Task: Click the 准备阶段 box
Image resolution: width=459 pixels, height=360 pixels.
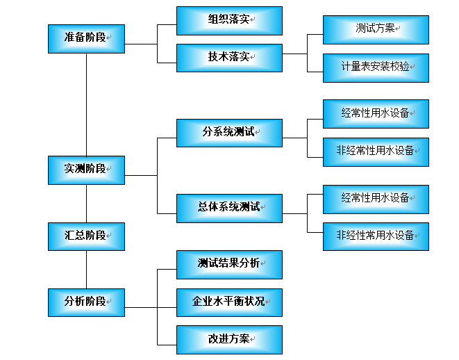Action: tap(86, 38)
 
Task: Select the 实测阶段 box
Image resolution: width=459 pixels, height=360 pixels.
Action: tap(86, 170)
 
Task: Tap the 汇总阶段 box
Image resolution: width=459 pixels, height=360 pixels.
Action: tap(86, 236)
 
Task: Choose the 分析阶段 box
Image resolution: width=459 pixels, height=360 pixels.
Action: tap(86, 302)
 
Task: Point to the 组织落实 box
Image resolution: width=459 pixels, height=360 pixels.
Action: tap(229, 21)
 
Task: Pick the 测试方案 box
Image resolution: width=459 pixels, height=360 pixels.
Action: tap(376, 30)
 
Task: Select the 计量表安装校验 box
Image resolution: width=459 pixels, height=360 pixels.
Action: tap(376, 68)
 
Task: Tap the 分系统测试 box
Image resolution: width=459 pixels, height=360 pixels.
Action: tap(229, 133)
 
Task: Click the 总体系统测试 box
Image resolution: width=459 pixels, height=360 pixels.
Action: tap(229, 208)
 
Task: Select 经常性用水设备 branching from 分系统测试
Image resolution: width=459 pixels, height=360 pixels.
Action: tap(376, 114)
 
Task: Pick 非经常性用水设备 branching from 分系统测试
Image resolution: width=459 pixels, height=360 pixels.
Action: tap(376, 152)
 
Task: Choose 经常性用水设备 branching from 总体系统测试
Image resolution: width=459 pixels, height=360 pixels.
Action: tap(376, 199)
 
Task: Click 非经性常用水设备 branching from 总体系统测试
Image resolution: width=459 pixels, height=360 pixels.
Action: tap(376, 236)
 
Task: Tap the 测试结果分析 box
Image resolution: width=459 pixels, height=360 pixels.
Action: tap(229, 264)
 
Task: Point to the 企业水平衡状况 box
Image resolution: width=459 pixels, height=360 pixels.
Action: tap(229, 302)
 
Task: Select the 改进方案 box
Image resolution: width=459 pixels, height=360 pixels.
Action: tap(229, 340)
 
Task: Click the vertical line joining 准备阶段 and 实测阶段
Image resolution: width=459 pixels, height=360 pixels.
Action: tap(86, 104)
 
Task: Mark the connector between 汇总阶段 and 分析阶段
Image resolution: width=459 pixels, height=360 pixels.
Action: tap(86, 270)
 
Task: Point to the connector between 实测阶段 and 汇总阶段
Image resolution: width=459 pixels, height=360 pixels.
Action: tap(86, 204)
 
